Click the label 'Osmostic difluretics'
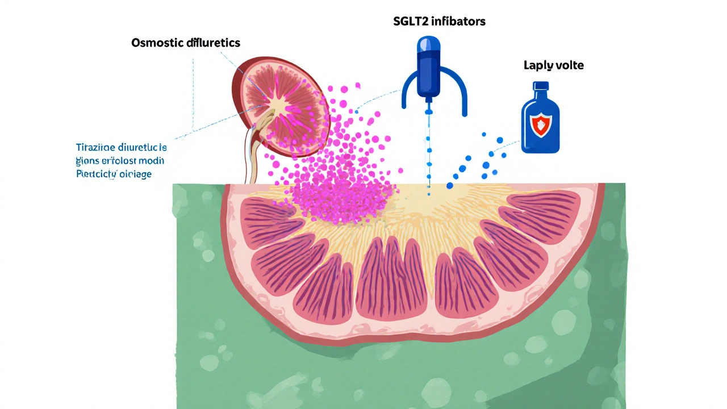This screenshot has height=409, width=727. coord(186,43)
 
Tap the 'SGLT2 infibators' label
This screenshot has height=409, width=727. coord(440,22)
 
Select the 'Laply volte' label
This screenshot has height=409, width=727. coord(553,65)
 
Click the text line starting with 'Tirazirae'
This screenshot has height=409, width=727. coord(121,148)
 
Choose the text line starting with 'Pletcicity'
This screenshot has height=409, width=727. coord(114,174)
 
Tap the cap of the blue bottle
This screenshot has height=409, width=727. coord(541,86)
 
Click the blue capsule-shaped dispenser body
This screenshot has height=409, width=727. coord(429,68)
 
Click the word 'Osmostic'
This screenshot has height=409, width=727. coord(156,43)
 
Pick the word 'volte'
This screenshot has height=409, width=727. coord(570,65)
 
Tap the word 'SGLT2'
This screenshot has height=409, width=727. coord(411,22)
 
